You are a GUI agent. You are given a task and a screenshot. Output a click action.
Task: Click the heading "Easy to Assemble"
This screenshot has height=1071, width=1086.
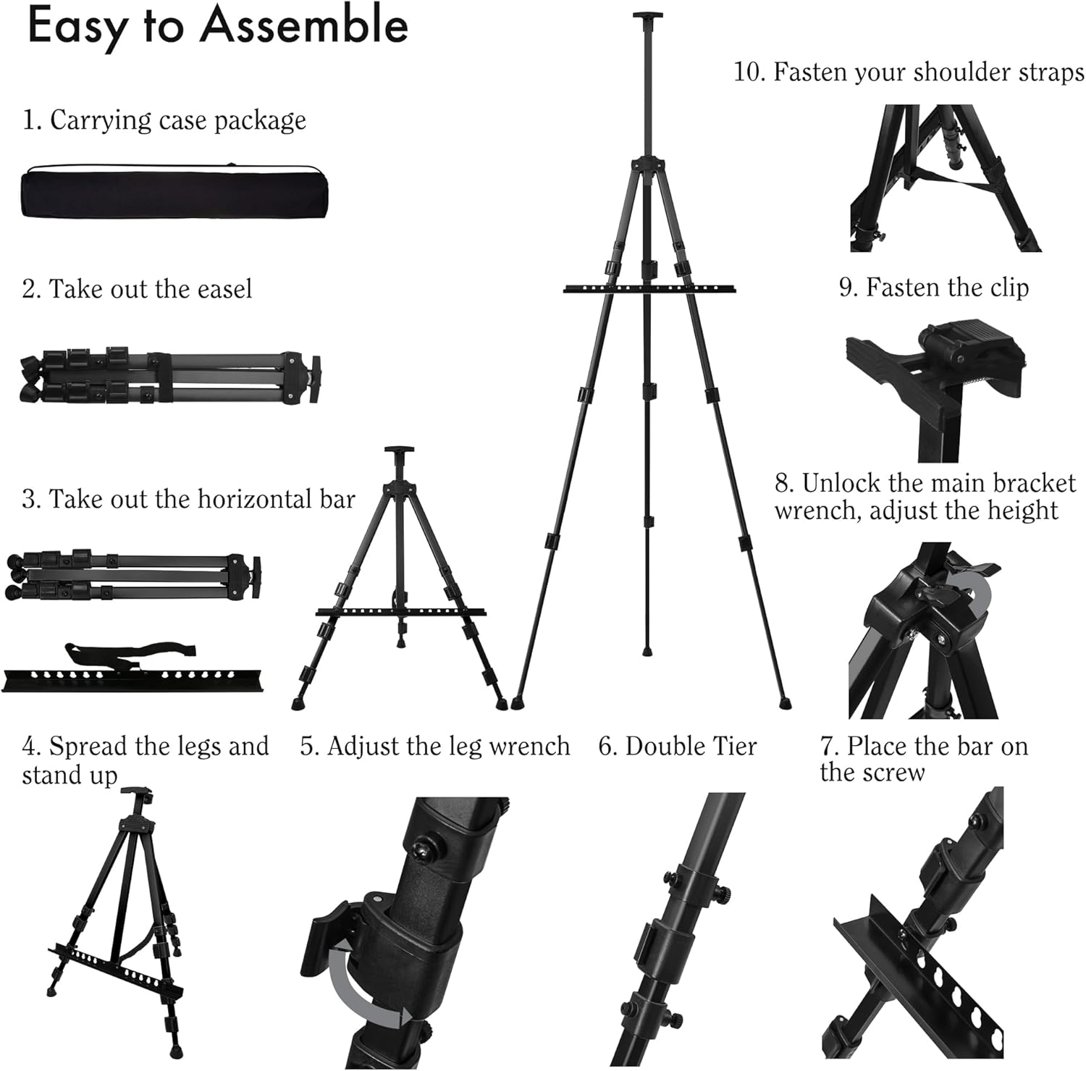(x=217, y=28)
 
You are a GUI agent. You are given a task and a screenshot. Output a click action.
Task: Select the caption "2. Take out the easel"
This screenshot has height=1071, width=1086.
(x=137, y=289)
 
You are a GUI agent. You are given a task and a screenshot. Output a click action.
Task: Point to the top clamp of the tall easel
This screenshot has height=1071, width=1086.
(x=644, y=17)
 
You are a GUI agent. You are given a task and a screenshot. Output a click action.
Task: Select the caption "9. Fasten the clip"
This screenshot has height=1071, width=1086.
(x=933, y=287)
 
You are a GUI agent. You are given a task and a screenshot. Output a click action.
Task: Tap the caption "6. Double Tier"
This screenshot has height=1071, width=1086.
(x=677, y=746)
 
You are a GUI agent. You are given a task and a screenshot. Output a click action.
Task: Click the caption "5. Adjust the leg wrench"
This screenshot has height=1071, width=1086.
(x=434, y=746)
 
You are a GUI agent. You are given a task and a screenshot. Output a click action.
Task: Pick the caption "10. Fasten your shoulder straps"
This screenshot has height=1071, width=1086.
(x=909, y=72)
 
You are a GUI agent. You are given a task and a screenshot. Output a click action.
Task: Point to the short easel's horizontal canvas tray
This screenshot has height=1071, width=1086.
(x=400, y=613)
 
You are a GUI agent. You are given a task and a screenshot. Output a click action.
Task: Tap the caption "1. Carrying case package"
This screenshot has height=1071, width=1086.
(x=164, y=120)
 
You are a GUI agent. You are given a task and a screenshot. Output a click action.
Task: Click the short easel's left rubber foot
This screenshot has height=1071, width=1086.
(x=298, y=703)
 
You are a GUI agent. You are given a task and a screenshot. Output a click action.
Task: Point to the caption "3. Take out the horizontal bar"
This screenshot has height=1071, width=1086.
(x=188, y=499)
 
